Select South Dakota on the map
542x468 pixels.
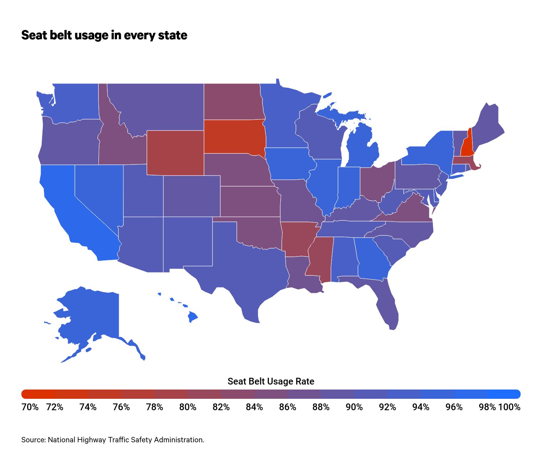[234, 137]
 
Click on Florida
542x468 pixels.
[387, 305]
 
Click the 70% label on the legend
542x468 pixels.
[30, 407]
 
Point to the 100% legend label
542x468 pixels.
[509, 407]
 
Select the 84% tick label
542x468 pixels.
[254, 407]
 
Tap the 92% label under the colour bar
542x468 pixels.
[387, 407]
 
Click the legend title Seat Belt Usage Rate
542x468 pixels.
[271, 381]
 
